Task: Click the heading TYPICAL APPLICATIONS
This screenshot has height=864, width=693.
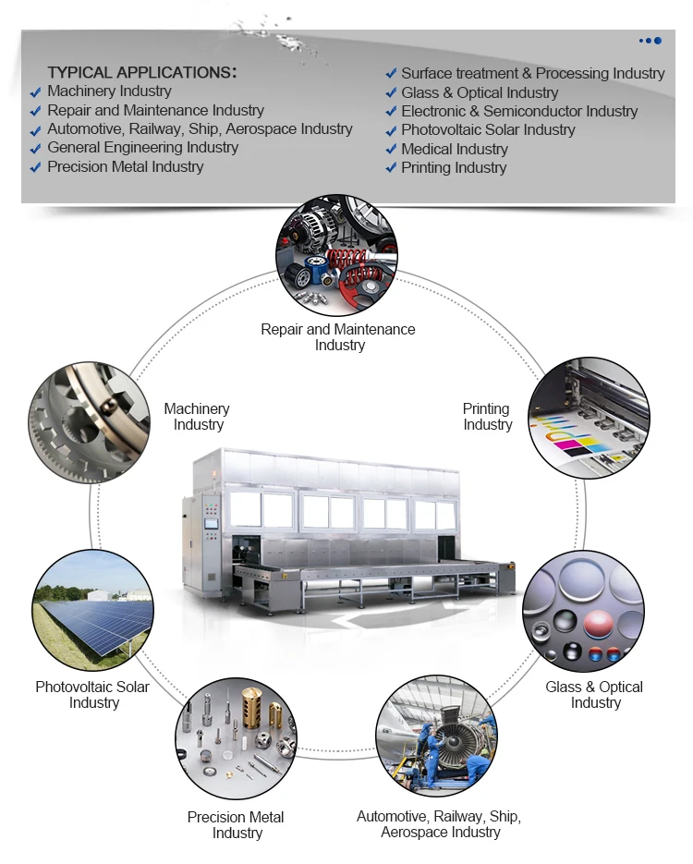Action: [x=141, y=72]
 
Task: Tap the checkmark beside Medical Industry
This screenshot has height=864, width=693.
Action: [x=391, y=150]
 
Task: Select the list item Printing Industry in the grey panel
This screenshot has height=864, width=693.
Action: [x=454, y=168]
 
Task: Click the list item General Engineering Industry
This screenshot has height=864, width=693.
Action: [x=142, y=148]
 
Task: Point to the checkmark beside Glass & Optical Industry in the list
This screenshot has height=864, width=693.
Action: [x=391, y=93]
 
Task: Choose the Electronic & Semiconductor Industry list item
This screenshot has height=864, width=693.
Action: [x=519, y=112]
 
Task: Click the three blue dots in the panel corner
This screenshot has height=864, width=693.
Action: [x=650, y=41]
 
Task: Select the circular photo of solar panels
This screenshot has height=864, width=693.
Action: [x=92, y=611]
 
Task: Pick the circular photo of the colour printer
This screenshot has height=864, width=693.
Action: [x=588, y=419]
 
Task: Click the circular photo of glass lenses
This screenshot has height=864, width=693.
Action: [x=583, y=611]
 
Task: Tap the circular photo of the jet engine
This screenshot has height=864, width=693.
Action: [x=435, y=736]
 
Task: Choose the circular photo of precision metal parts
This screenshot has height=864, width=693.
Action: [x=236, y=739]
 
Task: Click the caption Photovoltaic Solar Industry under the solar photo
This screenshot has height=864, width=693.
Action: [x=92, y=695]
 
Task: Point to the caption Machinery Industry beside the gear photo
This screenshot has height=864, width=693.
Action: [x=197, y=417]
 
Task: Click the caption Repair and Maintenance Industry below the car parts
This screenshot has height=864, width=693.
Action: [x=338, y=337]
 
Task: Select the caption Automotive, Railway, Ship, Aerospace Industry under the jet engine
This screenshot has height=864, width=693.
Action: [x=439, y=824]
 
